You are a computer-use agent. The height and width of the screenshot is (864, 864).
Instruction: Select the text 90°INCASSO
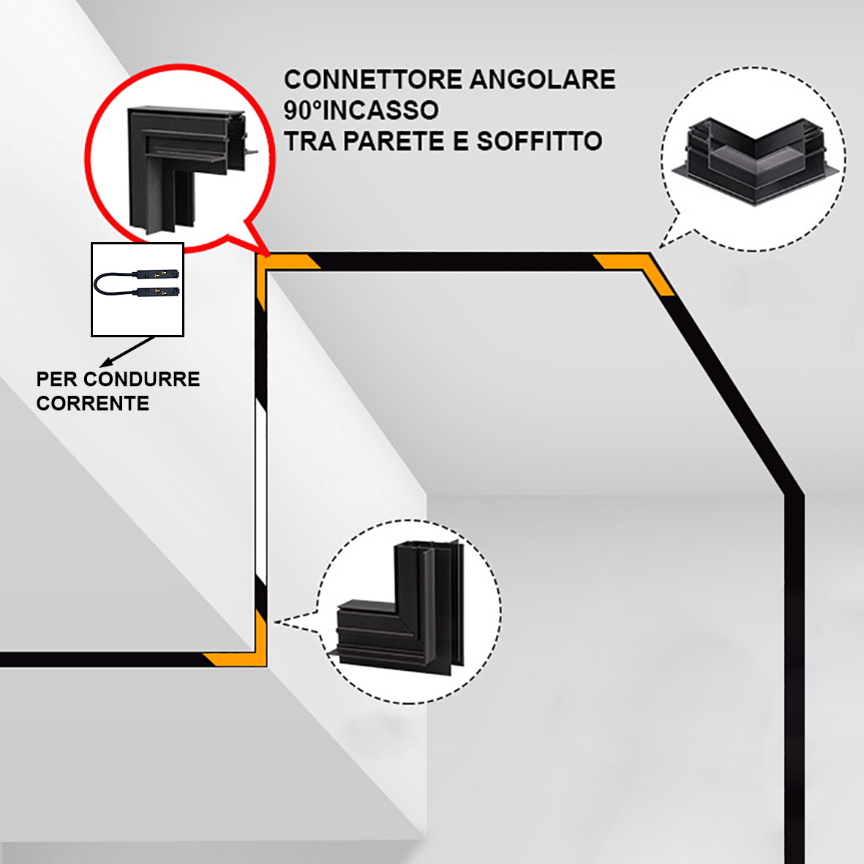point(361,110)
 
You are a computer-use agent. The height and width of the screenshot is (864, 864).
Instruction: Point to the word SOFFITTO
point(539,141)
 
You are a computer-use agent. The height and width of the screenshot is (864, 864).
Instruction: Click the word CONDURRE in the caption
point(141,379)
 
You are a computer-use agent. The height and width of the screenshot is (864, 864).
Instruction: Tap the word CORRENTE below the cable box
point(93,403)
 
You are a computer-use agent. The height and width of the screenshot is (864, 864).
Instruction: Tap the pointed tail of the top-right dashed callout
point(669,234)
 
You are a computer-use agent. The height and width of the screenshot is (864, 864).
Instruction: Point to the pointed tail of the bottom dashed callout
point(293,622)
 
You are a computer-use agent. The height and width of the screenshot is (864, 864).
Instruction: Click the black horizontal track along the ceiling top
point(454,261)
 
